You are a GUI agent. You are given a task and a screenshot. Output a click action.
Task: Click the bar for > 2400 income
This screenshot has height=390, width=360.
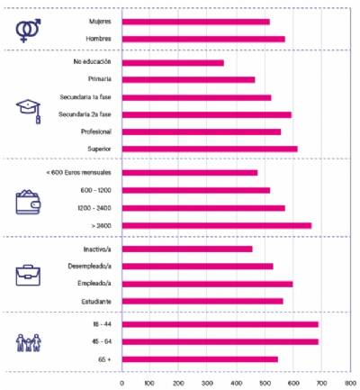(x=216, y=225)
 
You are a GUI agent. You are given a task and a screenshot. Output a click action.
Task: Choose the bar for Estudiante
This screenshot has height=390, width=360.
(x=202, y=301)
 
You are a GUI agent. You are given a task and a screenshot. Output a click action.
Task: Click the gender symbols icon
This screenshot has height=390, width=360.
(x=30, y=30)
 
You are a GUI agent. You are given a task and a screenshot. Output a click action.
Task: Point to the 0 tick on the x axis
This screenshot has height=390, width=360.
(x=122, y=382)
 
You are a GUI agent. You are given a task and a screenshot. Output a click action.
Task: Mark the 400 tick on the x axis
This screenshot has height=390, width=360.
(x=237, y=382)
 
